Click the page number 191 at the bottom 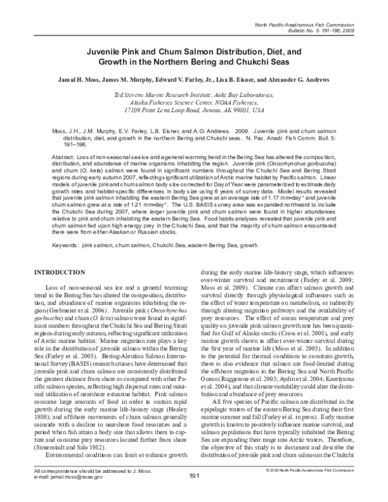tap(193, 495)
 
